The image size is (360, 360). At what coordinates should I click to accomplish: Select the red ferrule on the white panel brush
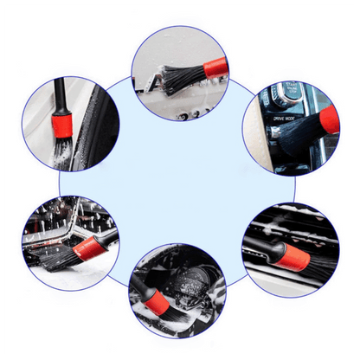212,66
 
